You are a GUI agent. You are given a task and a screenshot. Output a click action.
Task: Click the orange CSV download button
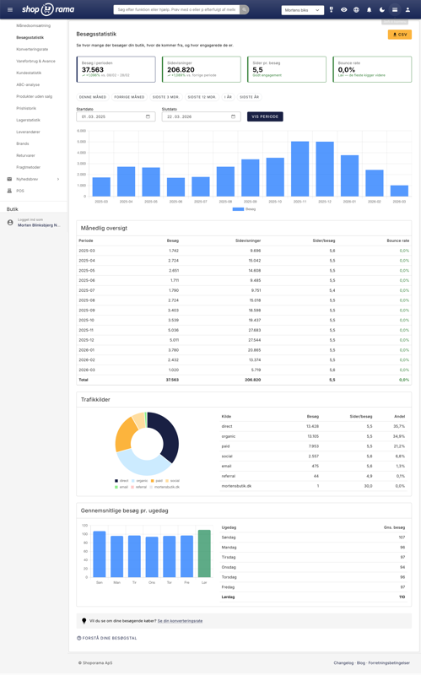[399, 35]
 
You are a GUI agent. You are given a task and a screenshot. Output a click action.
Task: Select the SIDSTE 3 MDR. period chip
[166, 97]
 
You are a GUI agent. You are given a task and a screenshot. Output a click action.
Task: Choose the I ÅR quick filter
[228, 97]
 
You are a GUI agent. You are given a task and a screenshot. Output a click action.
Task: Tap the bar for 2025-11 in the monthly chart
[300, 169]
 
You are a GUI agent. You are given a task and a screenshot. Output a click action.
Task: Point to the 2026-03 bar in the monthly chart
[399, 191]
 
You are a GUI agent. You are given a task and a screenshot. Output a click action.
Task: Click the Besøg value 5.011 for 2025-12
[173, 340]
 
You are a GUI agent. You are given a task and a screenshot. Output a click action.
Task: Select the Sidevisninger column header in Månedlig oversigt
[248, 240]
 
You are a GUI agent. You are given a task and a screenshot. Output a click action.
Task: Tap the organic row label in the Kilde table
[227, 436]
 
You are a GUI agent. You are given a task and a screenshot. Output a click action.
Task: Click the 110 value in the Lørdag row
[401, 597]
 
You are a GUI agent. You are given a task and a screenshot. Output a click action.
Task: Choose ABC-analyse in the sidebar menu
[28, 84]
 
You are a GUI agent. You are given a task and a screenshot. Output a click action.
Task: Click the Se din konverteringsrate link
[180, 621]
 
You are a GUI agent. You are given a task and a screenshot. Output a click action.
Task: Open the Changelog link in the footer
[343, 663]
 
